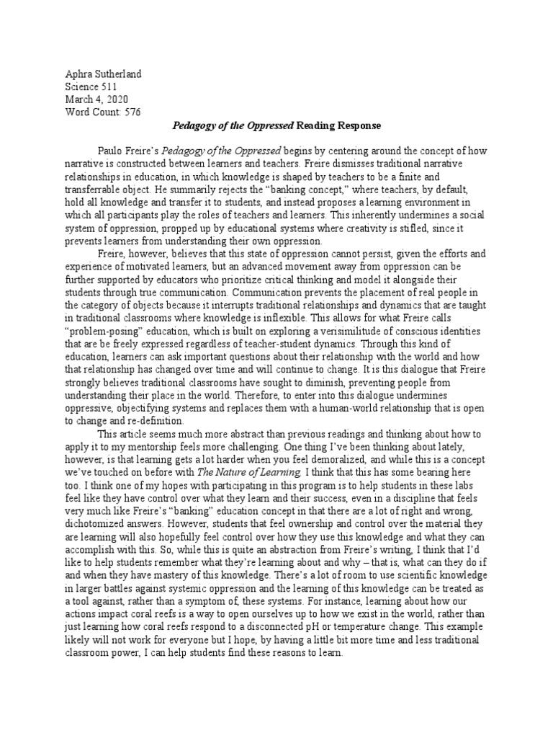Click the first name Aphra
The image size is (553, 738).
[79, 74]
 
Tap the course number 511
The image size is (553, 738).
[113, 86]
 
